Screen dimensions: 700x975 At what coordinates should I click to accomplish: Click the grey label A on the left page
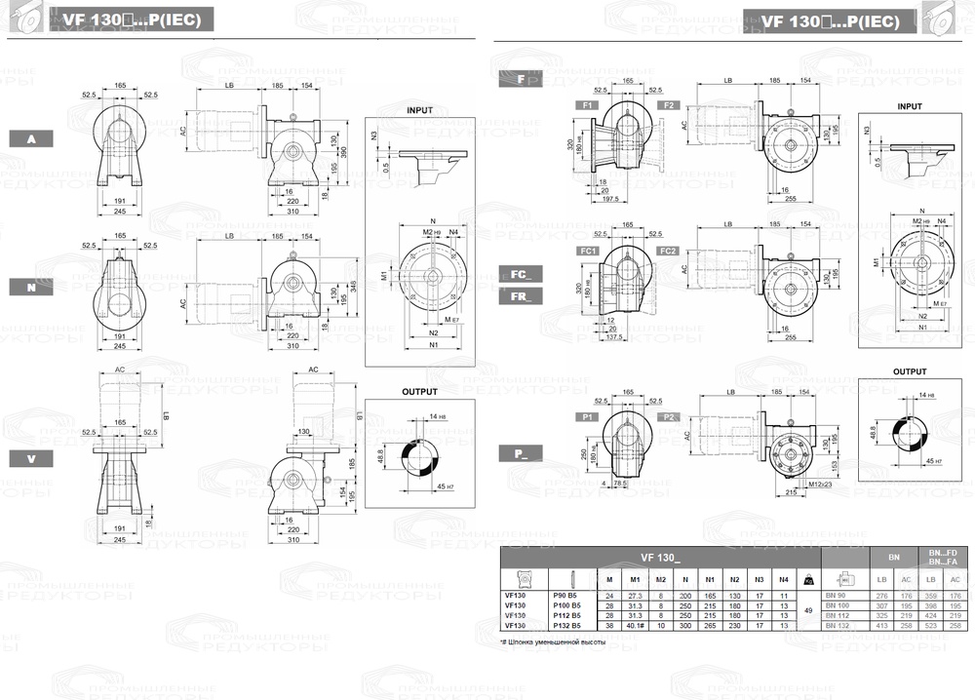click(32, 139)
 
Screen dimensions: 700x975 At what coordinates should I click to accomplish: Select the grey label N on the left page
click(32, 287)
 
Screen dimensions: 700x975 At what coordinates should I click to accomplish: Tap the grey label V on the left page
click(32, 457)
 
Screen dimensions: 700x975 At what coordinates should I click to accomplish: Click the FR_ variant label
click(520, 297)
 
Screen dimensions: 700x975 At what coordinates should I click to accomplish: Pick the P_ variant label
click(520, 451)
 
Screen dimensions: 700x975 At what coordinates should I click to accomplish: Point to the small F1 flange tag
click(588, 104)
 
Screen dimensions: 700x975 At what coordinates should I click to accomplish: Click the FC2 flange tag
click(668, 252)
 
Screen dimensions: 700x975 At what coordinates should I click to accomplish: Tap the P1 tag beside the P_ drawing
click(588, 416)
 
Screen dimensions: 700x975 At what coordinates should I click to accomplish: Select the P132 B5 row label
click(566, 626)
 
